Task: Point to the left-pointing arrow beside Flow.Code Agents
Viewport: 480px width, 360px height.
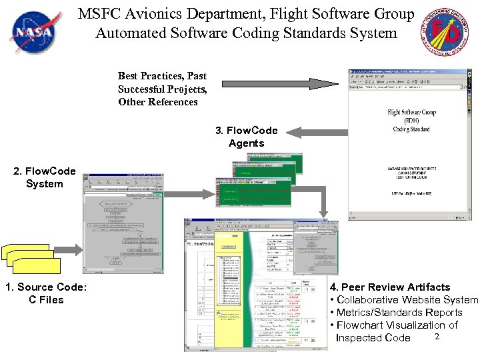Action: click(319, 131)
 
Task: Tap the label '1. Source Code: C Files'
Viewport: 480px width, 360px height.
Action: click(45, 293)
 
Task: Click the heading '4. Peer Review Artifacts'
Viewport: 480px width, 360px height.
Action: click(390, 287)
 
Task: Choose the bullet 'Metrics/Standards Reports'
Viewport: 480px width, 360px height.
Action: click(399, 313)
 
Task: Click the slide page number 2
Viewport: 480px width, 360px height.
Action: click(437, 337)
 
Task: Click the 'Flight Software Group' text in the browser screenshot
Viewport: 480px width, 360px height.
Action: click(411, 112)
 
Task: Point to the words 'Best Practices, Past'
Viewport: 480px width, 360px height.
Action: click(162, 76)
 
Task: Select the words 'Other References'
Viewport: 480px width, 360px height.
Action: click(158, 102)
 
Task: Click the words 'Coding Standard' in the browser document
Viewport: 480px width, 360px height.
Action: click(411, 129)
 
